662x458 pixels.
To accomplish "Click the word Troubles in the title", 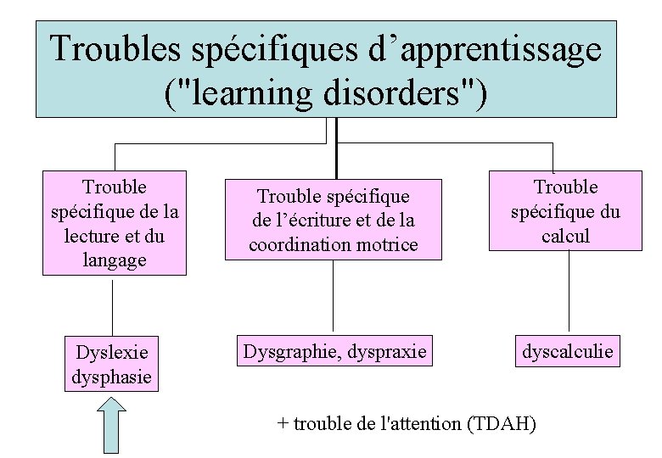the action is pyautogui.click(x=115, y=49).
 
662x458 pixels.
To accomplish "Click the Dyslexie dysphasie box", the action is pyautogui.click(x=112, y=364).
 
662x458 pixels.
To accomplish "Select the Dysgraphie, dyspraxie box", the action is pyautogui.click(x=334, y=351).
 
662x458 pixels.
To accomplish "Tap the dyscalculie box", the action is pyautogui.click(x=567, y=351).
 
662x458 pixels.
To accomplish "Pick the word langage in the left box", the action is pyautogui.click(x=115, y=260).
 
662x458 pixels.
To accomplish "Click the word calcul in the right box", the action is pyautogui.click(x=565, y=236).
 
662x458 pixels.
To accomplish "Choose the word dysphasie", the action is pyautogui.click(x=112, y=375).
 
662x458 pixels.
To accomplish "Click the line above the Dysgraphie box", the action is pyautogui.click(x=333, y=297).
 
